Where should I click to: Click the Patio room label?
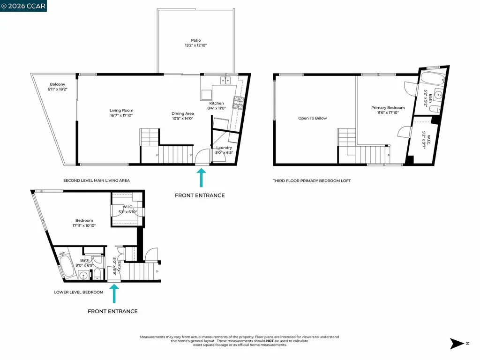tap(195, 40)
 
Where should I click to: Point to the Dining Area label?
tap(182, 113)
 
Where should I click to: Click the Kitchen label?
tap(217, 103)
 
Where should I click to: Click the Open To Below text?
tap(312, 118)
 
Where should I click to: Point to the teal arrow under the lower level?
tap(113, 294)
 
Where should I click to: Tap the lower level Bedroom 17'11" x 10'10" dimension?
tap(84, 225)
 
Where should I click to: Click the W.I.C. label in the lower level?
tap(127, 207)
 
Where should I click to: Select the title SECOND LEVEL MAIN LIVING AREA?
tap(96, 180)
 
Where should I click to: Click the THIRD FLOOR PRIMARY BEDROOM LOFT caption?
tap(312, 180)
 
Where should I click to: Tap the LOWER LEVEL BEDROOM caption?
tap(79, 292)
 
